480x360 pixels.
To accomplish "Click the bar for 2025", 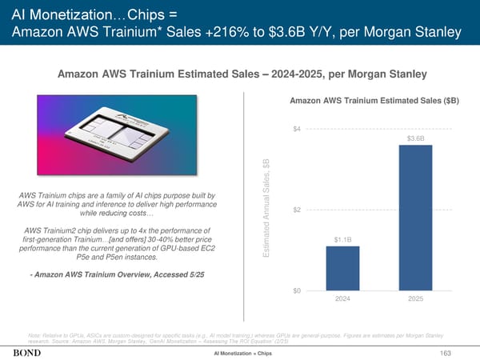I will tap(415, 217).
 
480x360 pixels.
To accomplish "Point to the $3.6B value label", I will tap(415, 138).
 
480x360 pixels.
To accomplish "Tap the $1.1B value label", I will tap(342, 238).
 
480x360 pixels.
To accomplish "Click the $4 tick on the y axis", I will tap(297, 129).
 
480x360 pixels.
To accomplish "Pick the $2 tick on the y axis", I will tap(297, 210).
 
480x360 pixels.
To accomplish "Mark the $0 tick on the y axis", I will tap(297, 290).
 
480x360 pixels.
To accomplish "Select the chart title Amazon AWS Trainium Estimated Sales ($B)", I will tap(374, 102).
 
